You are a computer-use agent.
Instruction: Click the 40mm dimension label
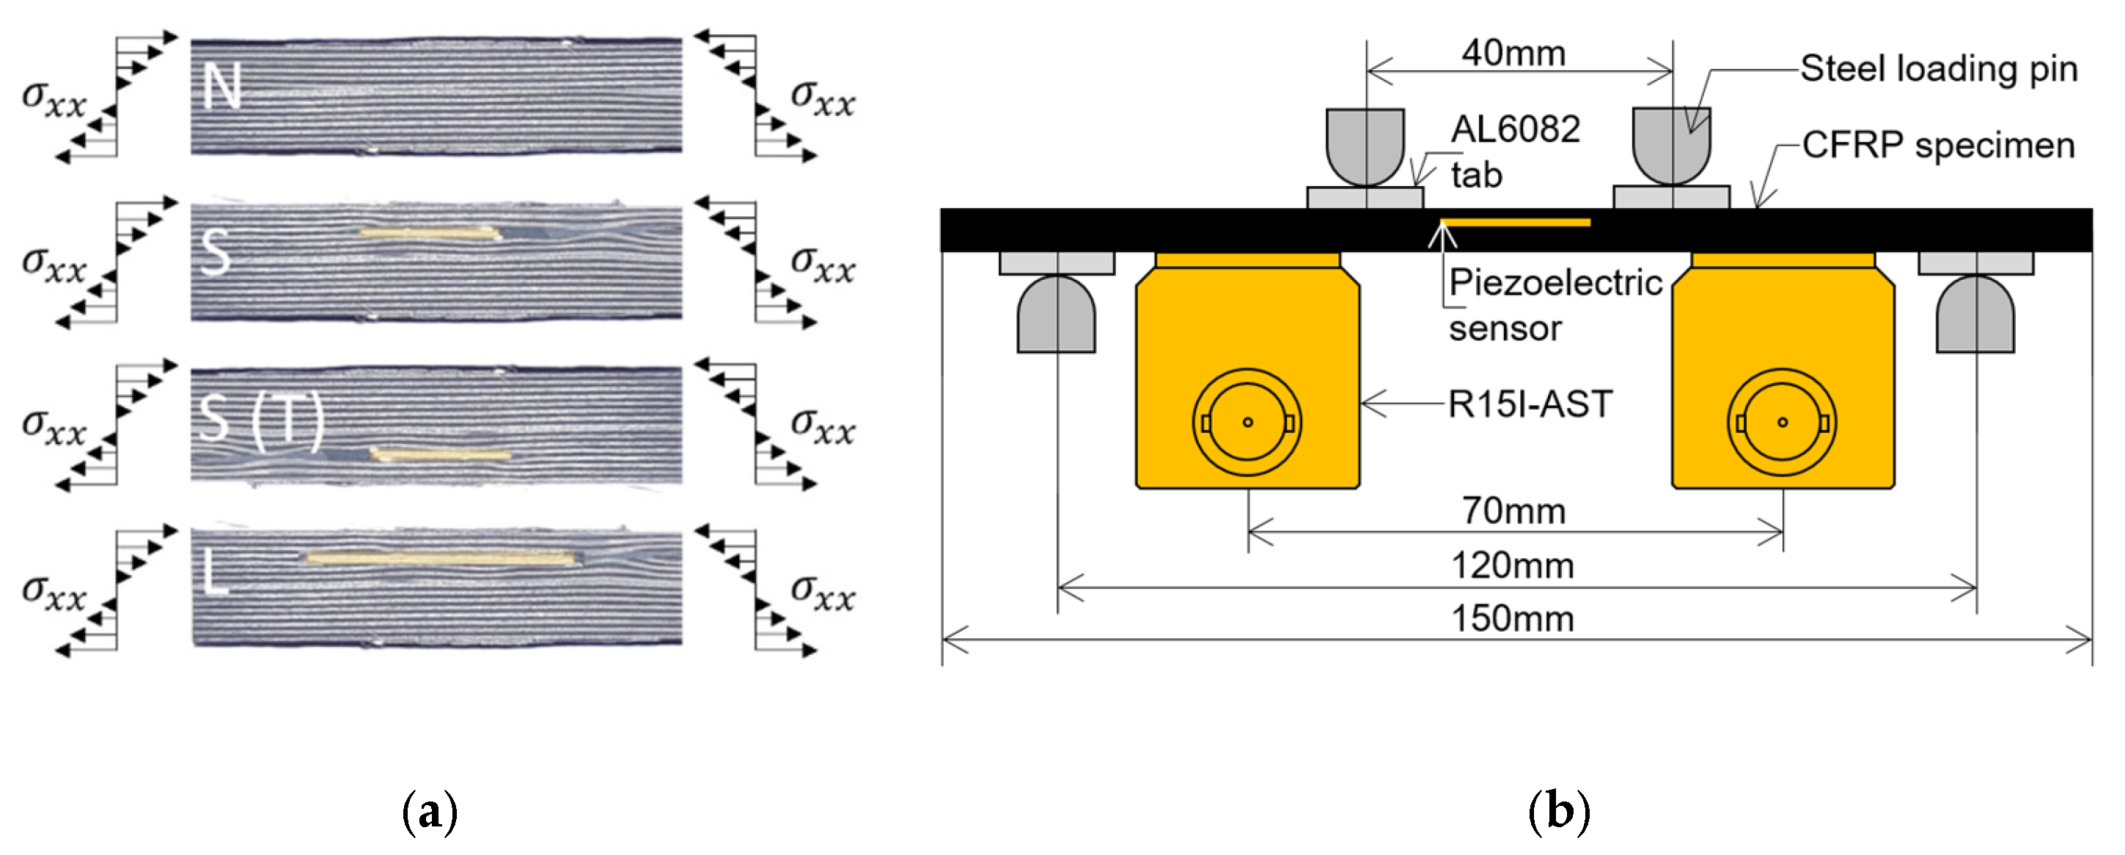tap(1513, 53)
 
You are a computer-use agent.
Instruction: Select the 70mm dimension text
tap(1513, 511)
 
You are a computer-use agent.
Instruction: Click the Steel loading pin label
tap(1938, 68)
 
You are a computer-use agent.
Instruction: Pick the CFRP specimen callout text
tap(1938, 145)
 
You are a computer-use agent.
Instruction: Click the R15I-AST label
tap(1530, 404)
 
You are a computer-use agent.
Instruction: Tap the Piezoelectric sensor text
tap(1555, 304)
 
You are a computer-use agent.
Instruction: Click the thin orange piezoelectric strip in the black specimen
tap(1515, 222)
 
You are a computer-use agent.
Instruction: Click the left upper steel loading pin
tap(1365, 144)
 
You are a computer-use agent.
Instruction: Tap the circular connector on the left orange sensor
tap(1247, 422)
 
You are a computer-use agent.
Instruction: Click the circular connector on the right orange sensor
tap(1782, 422)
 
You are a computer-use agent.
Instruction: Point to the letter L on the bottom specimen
tap(214, 570)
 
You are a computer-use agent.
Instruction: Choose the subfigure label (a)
tap(429, 812)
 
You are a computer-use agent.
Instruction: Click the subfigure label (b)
tap(1558, 812)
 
